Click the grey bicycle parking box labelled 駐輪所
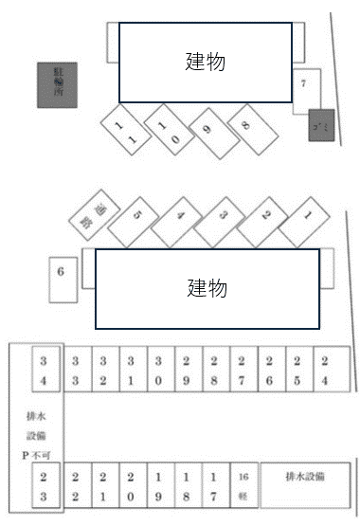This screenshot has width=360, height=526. tap(58, 84)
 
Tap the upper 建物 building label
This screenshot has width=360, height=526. tap(205, 62)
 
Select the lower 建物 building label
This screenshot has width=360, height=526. tap(207, 286)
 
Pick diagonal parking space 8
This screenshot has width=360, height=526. tap(246, 126)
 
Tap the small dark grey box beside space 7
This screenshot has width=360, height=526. tap(320, 124)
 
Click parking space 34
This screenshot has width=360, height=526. tap(45, 372)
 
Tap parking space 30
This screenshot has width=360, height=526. tap(161, 372)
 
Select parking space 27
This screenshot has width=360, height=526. tap(243, 372)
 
